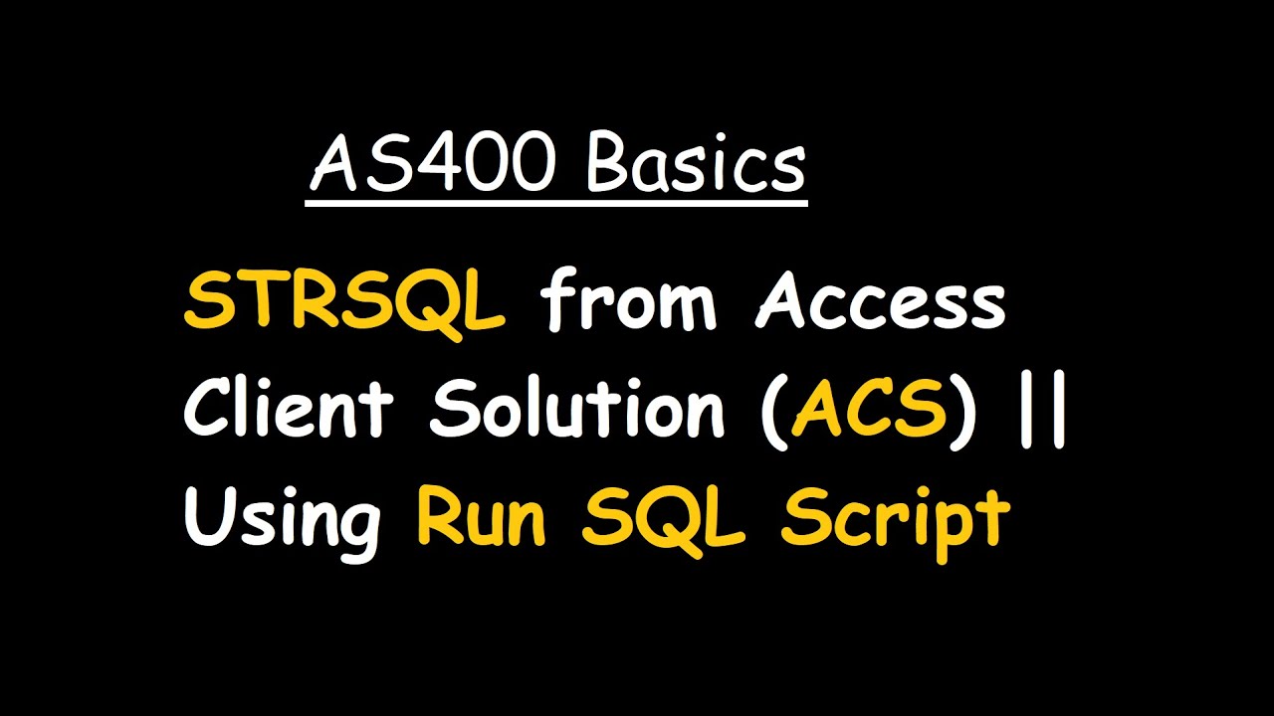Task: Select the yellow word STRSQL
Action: (344, 303)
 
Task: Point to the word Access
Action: (880, 303)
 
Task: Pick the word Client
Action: (289, 409)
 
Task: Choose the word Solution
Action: (577, 409)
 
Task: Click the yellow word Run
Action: (481, 517)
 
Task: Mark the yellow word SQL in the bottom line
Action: (663, 518)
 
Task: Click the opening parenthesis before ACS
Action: (772, 411)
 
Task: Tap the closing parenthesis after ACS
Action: (963, 411)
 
